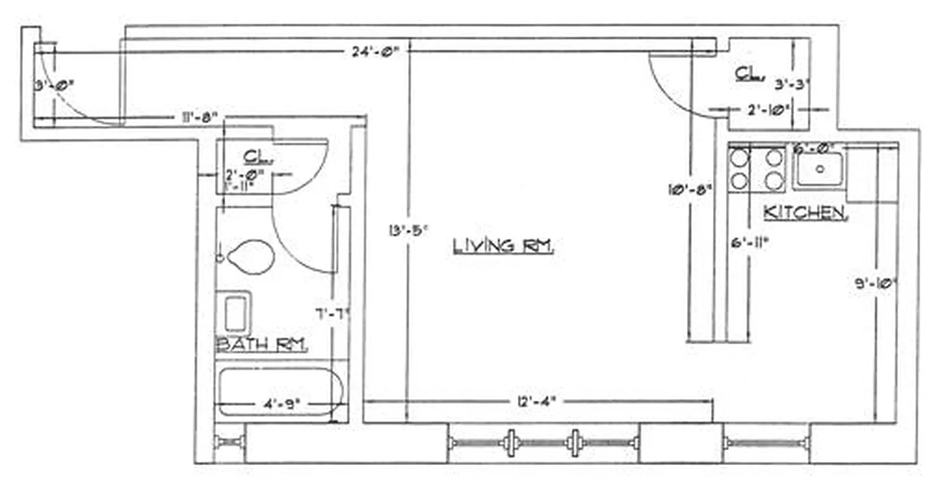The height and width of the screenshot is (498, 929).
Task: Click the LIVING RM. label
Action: pos(503,246)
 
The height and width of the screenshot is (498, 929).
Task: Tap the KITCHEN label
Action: pos(805,213)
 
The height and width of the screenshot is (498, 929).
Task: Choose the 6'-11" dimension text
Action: pos(749,242)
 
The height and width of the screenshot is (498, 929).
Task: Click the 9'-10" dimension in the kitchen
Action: pos(875,284)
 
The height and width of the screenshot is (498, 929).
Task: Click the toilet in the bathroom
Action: pos(251,256)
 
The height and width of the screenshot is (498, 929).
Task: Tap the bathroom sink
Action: pos(235,314)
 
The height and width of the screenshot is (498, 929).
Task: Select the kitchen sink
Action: pos(819,169)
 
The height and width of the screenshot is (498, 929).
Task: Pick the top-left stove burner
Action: pos(739,158)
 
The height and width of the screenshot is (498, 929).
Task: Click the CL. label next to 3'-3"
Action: pos(749,75)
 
